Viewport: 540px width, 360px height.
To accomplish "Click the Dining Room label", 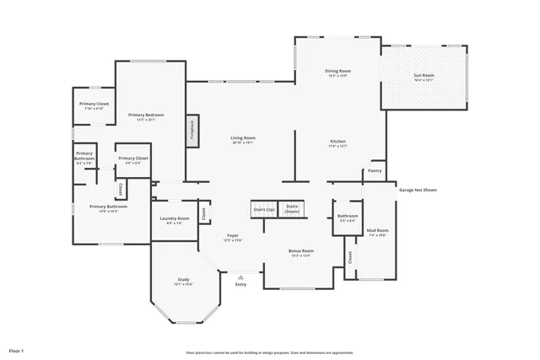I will pyautogui.click(x=337, y=72).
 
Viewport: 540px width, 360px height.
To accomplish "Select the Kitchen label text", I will pyautogui.click(x=337, y=142).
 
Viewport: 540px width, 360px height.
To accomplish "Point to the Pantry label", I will pyautogui.click(x=375, y=171).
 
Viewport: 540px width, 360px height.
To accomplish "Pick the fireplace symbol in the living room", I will pyautogui.click(x=192, y=131).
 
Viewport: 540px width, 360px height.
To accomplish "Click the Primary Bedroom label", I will pyautogui.click(x=146, y=116).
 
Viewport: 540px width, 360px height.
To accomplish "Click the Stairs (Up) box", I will pyautogui.click(x=264, y=210).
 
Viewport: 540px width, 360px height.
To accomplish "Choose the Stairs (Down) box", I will pyautogui.click(x=292, y=209).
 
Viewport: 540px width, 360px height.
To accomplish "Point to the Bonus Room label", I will pyautogui.click(x=301, y=252).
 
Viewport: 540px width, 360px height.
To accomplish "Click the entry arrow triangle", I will pyautogui.click(x=241, y=276).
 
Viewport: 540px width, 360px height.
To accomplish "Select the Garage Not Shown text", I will pyautogui.click(x=418, y=190).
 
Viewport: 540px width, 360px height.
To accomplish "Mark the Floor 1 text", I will pyautogui.click(x=17, y=348).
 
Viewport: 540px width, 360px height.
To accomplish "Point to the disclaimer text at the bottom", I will pyautogui.click(x=270, y=352).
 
